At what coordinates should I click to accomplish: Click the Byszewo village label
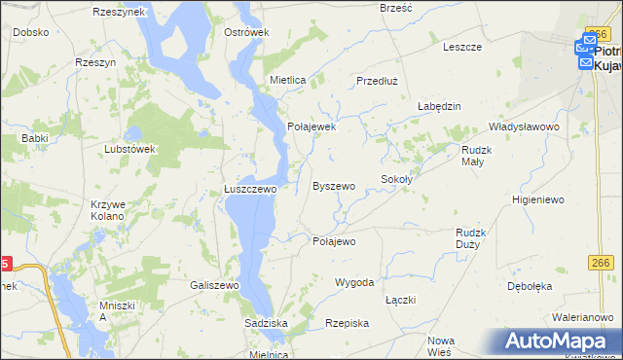click(333, 186)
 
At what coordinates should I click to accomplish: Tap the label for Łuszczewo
click(250, 190)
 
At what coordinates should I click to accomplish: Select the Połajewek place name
click(311, 126)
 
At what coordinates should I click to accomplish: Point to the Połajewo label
click(334, 241)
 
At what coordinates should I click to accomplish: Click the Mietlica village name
click(288, 79)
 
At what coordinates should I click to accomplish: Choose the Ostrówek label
click(246, 32)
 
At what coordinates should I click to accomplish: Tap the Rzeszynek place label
click(119, 12)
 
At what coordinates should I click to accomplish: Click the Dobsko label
click(31, 32)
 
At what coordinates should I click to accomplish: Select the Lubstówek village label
click(129, 149)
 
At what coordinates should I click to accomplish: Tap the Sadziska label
click(266, 321)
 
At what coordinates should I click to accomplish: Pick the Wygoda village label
click(354, 282)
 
